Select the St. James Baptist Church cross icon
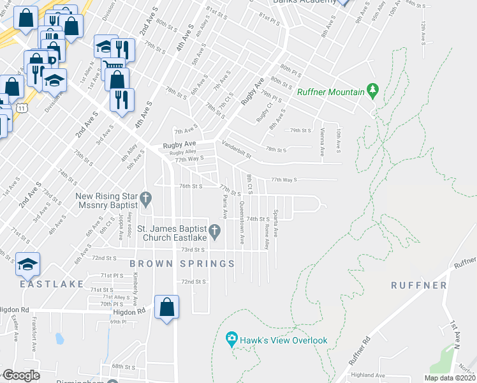[216, 230]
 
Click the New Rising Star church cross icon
[146, 200]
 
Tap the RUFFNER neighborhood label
[419, 285]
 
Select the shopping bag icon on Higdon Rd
[166, 308]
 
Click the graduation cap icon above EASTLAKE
[28, 264]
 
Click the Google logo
[20, 375]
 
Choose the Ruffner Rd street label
[360, 350]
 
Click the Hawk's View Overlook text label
[284, 340]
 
